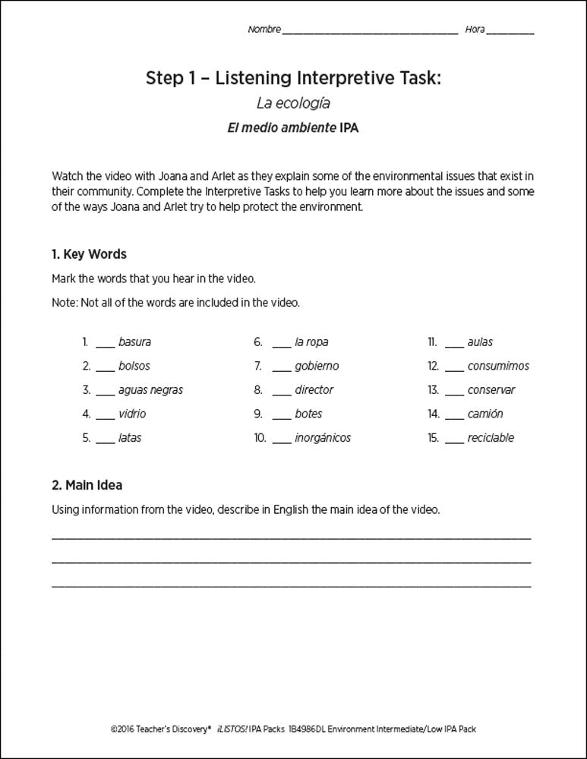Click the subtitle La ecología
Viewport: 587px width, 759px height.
pyautogui.click(x=293, y=102)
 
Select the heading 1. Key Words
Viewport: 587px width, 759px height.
pyautogui.click(x=89, y=254)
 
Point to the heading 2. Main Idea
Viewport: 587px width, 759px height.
pyautogui.click(x=87, y=484)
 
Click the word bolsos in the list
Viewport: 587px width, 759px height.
pyautogui.click(x=134, y=366)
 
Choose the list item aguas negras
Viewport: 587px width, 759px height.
pyautogui.click(x=150, y=390)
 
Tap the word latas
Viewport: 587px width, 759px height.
pyautogui.click(x=130, y=438)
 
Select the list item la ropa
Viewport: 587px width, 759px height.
pyautogui.click(x=311, y=342)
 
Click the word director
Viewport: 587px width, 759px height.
pyautogui.click(x=314, y=390)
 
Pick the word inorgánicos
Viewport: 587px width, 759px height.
pyautogui.click(x=323, y=438)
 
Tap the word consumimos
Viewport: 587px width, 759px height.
pyautogui.click(x=498, y=366)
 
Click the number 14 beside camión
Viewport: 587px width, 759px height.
pyautogui.click(x=433, y=414)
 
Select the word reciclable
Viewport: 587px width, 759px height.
pyautogui.click(x=491, y=438)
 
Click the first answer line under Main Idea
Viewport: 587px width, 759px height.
pyautogui.click(x=292, y=537)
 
